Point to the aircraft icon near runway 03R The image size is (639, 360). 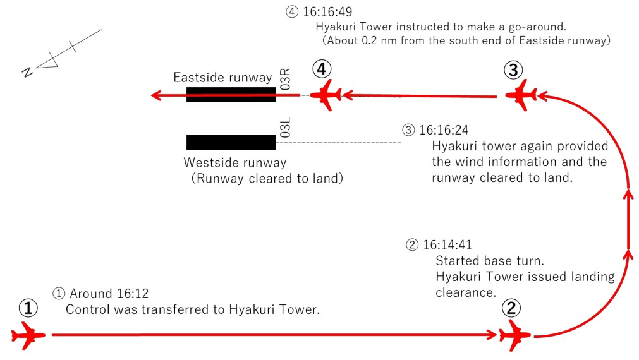327,95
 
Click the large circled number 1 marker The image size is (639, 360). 28,308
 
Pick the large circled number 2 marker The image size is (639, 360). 511,308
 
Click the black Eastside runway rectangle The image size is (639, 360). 231,95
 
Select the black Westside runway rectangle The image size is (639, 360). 231,142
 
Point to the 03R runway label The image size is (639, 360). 285,80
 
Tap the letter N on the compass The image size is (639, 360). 27,72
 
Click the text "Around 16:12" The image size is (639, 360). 108,294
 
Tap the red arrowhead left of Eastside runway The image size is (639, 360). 156,95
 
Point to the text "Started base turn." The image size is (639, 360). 482,261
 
